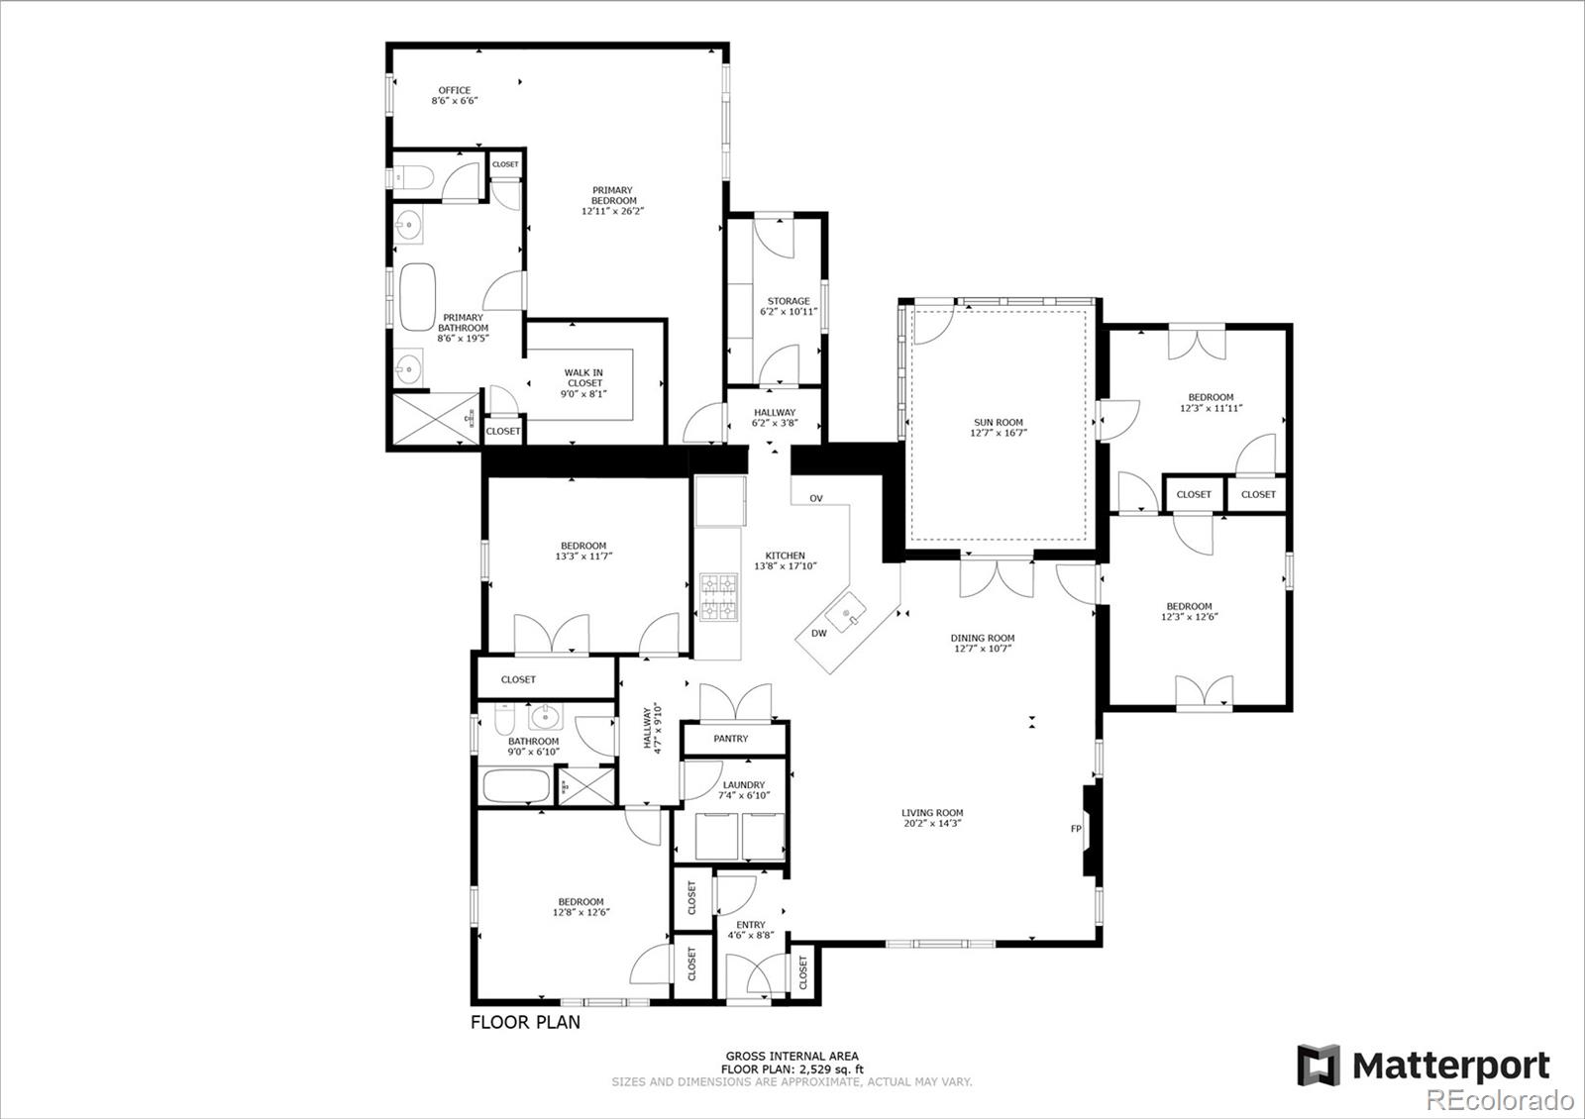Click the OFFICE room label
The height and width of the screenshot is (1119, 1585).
coord(455,90)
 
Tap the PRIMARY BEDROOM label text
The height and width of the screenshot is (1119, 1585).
coord(613,195)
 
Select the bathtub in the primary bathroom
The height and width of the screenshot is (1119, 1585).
coord(417,297)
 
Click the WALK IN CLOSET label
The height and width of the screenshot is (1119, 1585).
coord(583,377)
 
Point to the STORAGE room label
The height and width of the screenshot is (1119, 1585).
coord(789,301)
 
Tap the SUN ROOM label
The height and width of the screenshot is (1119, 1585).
coord(999,422)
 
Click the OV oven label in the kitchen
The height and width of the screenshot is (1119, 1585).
coord(816,499)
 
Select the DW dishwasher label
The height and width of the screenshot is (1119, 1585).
coord(818,633)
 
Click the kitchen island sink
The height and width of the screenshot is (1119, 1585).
coord(846,613)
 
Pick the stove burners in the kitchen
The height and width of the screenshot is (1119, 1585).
coord(719,597)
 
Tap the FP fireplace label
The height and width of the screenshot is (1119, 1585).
coord(1076,828)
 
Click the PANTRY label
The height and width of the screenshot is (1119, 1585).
coord(731,739)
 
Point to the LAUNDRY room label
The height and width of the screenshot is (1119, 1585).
coord(744,784)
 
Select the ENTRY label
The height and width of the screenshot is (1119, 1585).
coord(751,925)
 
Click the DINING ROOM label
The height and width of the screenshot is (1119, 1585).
coord(983,638)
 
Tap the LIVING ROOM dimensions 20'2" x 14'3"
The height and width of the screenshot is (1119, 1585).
coord(932,823)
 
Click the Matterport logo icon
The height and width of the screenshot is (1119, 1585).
coord(1319,1066)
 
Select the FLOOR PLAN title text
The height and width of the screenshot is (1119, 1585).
coord(525,1022)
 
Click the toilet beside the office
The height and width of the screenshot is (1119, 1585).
coord(412,177)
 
